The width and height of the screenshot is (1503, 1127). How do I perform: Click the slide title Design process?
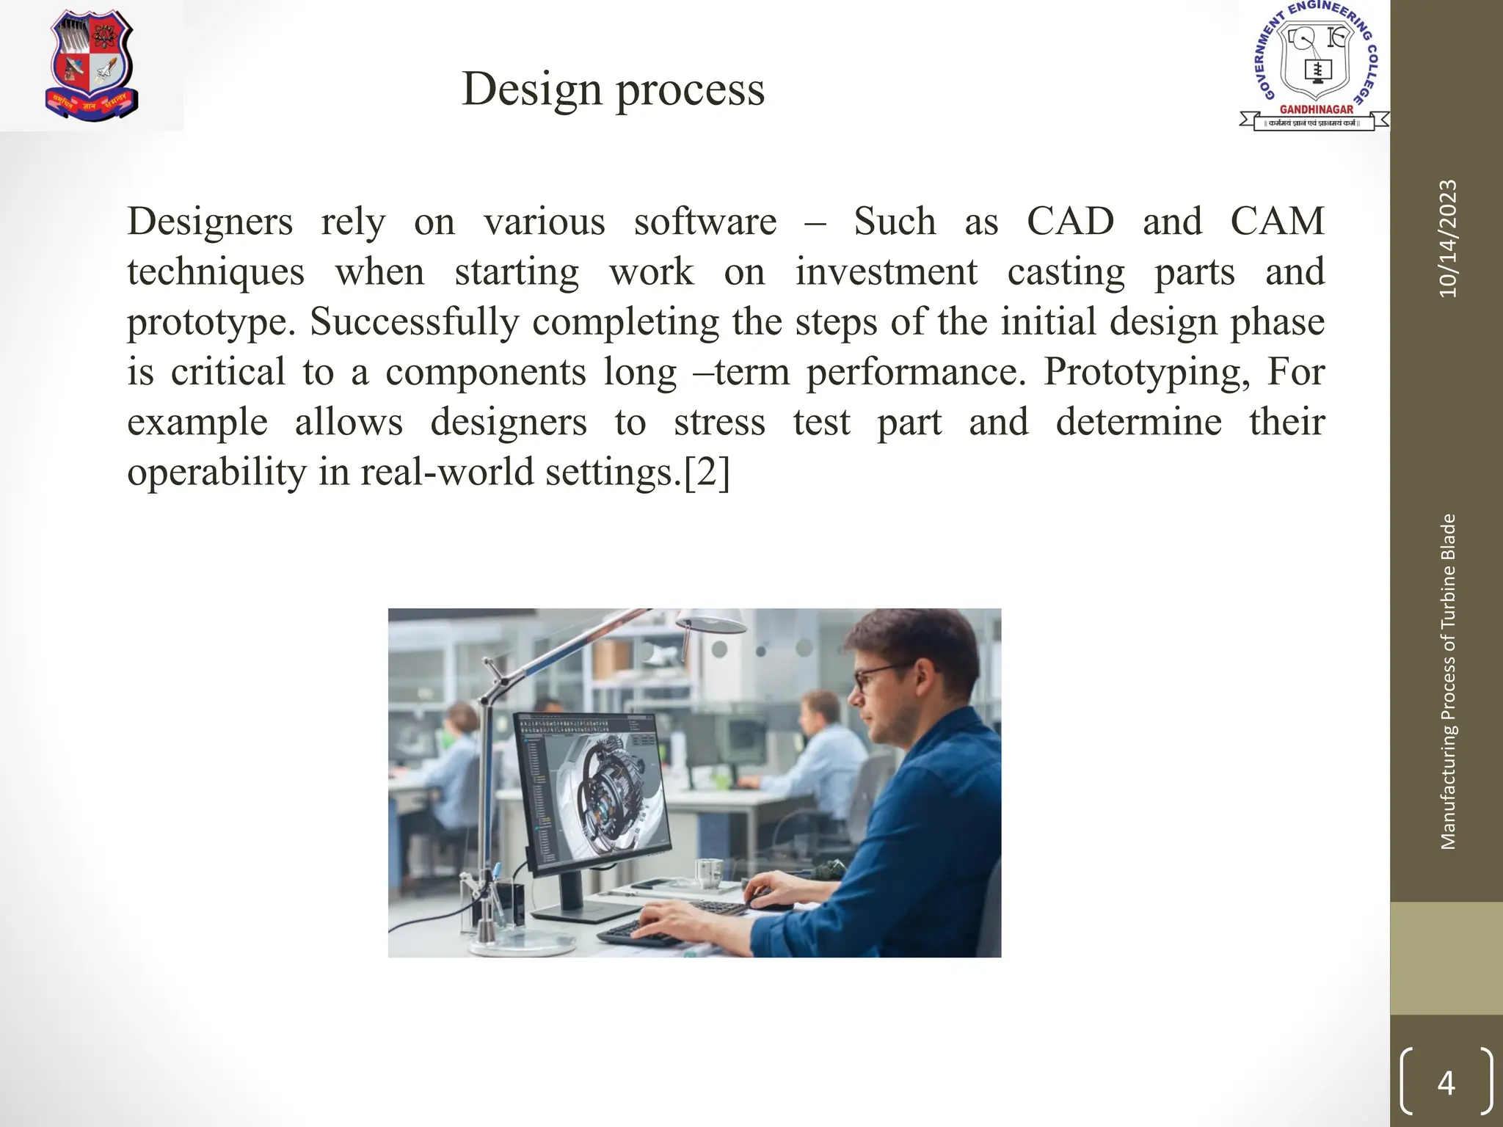click(x=613, y=89)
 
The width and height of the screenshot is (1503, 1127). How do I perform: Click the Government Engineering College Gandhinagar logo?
click(x=1314, y=66)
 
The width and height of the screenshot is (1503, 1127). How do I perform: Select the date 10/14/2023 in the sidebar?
click(x=1447, y=238)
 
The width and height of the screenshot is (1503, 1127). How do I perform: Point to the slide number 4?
click(x=1446, y=1083)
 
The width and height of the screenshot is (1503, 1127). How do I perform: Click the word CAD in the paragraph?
click(x=1069, y=221)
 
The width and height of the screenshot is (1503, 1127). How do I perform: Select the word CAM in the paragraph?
click(x=1277, y=221)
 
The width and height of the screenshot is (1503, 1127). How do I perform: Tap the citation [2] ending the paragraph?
click(x=707, y=472)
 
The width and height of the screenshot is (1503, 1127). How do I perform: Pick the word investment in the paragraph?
click(x=886, y=271)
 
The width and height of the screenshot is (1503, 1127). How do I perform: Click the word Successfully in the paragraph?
click(x=414, y=321)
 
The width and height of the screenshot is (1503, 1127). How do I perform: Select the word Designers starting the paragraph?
click(x=209, y=221)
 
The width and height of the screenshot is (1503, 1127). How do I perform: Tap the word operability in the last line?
click(x=216, y=472)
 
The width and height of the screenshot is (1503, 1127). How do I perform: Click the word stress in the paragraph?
click(x=719, y=422)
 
